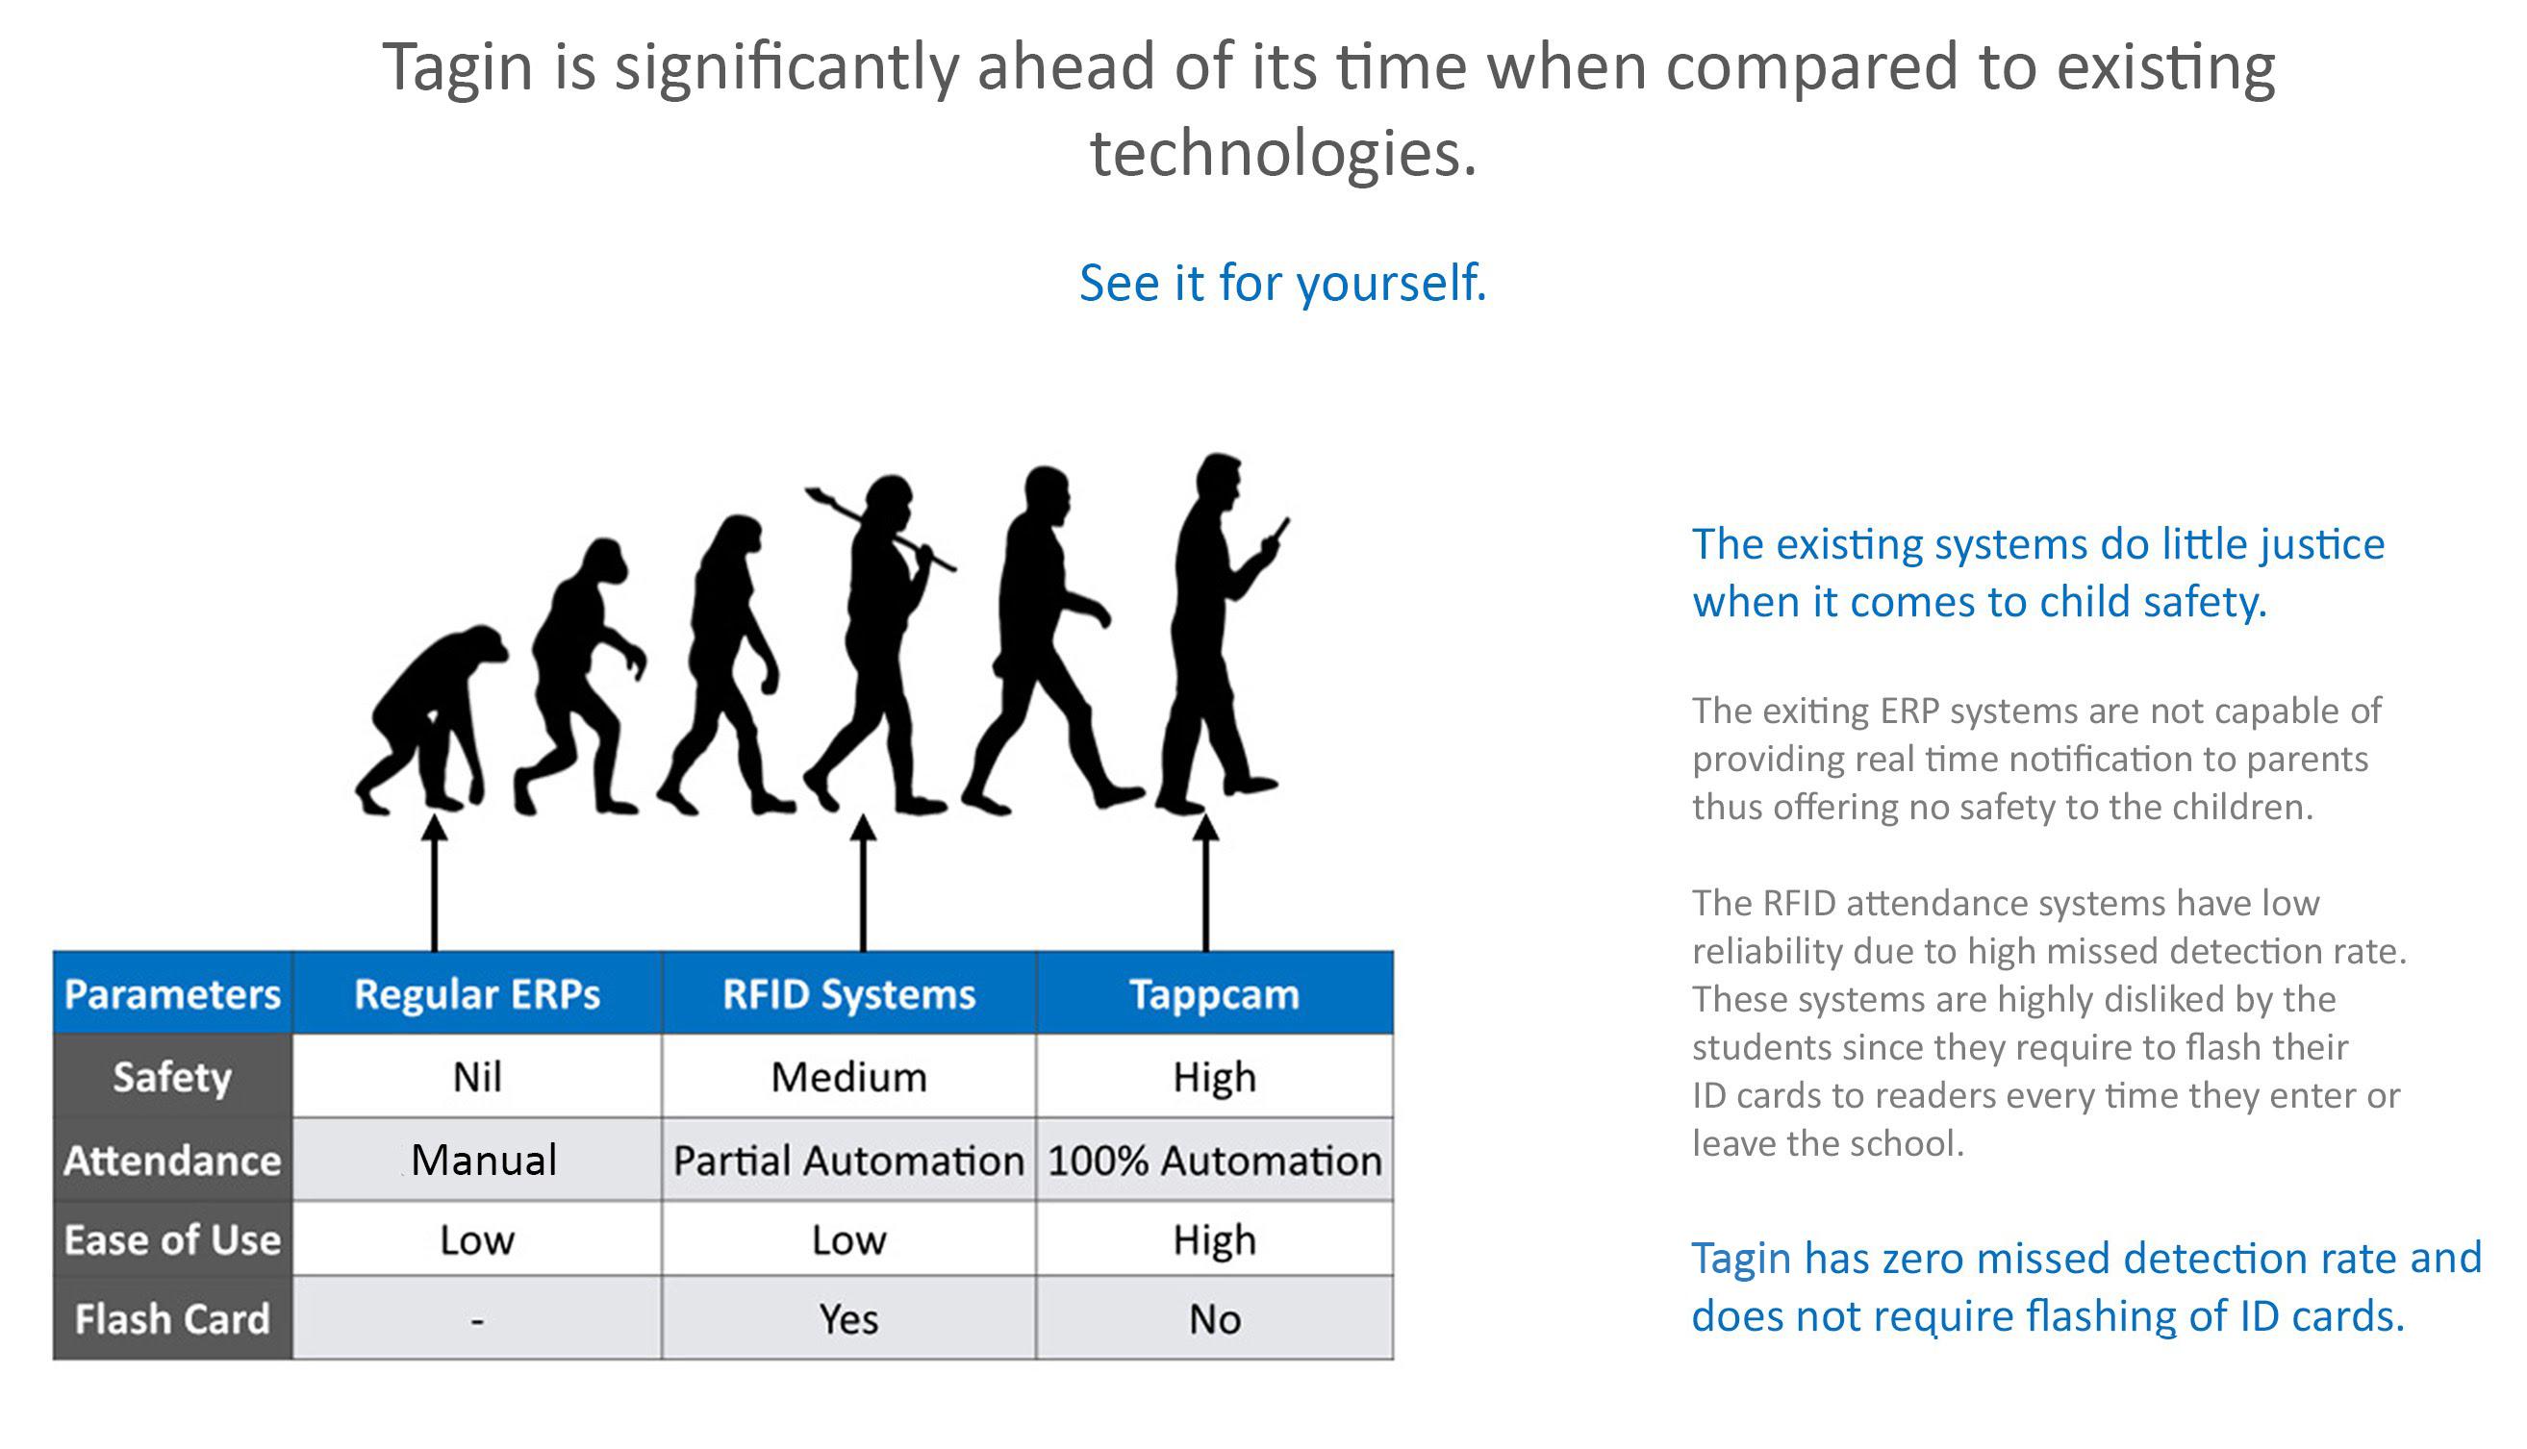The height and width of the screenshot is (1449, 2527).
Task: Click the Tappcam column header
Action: coord(1214,993)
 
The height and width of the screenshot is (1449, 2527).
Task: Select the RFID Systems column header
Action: coord(848,993)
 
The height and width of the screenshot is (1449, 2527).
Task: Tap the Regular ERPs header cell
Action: coord(477,993)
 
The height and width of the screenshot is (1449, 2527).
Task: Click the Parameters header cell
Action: coord(172,993)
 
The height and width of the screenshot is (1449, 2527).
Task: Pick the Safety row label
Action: coord(172,1076)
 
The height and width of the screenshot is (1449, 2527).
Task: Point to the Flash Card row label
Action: coord(172,1318)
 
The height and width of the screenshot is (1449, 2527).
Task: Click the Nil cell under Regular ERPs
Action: coord(477,1076)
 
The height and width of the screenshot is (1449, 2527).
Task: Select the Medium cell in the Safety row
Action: coord(848,1076)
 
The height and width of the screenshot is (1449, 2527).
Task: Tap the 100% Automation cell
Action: coord(1214,1160)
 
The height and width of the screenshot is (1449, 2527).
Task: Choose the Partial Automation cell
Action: coord(848,1160)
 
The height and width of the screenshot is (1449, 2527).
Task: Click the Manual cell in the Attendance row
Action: coord(477,1160)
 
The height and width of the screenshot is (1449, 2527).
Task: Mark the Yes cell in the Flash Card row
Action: coord(848,1318)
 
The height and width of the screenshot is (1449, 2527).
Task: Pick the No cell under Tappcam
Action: coord(1214,1318)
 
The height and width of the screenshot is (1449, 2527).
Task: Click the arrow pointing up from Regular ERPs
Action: coord(434,884)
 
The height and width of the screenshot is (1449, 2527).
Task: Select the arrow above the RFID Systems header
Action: coord(863,884)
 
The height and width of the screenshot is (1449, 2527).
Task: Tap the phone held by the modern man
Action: coord(1280,530)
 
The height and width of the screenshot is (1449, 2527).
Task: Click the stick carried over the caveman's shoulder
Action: coord(880,529)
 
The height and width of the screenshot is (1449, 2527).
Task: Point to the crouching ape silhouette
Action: coord(431,719)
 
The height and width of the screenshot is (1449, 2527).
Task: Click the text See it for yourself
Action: coord(1282,283)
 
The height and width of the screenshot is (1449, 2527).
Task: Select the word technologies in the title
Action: coord(1282,153)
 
